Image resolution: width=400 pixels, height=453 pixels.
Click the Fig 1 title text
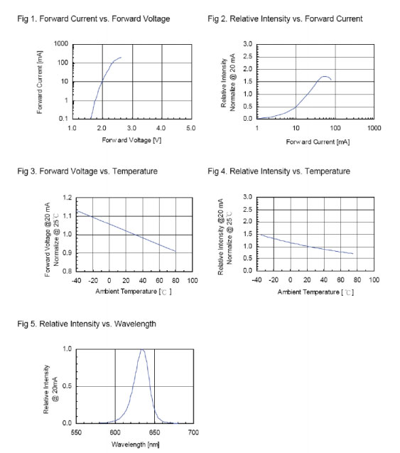[94, 19]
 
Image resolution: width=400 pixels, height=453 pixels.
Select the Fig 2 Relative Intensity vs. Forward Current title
[285, 19]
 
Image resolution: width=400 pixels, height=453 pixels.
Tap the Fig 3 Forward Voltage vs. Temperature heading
[87, 171]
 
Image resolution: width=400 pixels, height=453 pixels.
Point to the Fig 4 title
[279, 171]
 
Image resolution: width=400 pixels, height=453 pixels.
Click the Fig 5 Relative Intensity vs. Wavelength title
[87, 324]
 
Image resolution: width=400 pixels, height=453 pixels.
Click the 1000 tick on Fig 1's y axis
[61, 44]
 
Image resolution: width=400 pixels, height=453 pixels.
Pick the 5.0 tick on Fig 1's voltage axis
[191, 128]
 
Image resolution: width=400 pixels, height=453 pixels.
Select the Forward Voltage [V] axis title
[131, 140]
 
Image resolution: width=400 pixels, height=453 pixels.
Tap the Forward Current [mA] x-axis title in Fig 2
[318, 142]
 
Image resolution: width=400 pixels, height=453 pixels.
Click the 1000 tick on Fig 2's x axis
[374, 128]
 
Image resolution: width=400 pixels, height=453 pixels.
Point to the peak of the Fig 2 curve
[325, 76]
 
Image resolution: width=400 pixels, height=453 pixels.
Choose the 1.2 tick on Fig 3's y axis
[67, 198]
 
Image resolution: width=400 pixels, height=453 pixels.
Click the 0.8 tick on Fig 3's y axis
[67, 271]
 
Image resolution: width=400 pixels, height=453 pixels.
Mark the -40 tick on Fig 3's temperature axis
[76, 280]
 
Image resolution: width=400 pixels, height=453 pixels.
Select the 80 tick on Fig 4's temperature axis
[357, 280]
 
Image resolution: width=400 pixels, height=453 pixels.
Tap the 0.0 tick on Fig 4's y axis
[248, 271]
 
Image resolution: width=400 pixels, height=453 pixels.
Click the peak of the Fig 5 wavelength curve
[142, 350]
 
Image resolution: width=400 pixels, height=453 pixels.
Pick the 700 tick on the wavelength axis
[193, 432]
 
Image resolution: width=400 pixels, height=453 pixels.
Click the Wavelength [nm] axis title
[136, 444]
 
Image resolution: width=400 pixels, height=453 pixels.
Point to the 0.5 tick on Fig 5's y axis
[67, 386]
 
